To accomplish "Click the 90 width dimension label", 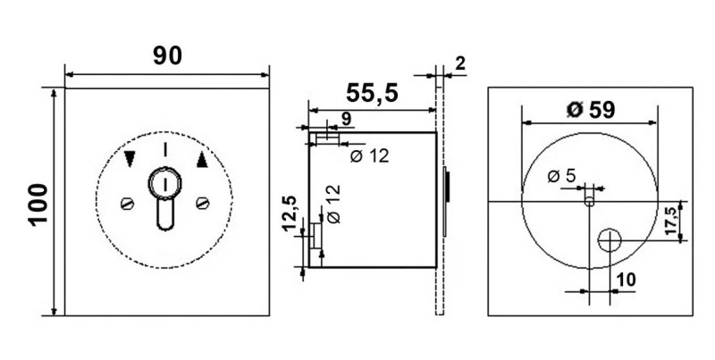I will pos(167,55).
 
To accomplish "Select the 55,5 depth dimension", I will pos(372,93).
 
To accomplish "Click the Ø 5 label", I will pos(560,176).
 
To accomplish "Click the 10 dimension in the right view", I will pos(626,280).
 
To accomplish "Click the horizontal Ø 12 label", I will pos(368,155).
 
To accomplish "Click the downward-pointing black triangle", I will pos(131,161).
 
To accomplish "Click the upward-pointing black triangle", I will pos(201,161).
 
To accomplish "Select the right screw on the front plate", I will pos(202,203).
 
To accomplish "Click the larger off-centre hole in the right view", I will pos(611,239).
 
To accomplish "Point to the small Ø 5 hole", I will pos(589,200).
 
